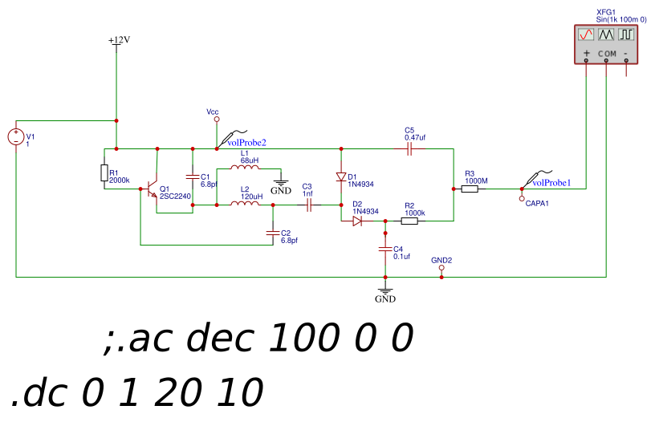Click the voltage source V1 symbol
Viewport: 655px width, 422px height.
pos(15,137)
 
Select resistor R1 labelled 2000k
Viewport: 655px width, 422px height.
pos(104,173)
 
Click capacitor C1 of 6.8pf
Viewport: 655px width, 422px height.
pos(193,177)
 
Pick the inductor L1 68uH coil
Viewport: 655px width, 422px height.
pos(244,168)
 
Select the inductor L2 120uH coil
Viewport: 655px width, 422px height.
pos(244,205)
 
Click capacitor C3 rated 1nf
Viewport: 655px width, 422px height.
pos(307,205)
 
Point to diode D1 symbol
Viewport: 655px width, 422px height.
pos(341,177)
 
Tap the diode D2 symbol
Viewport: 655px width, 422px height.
pos(357,221)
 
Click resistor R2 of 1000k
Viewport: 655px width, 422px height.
pos(409,221)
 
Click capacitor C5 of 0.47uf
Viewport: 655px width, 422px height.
pos(409,148)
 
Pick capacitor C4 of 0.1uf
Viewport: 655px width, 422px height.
pos(385,249)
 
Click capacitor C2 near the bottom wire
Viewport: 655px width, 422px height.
pos(273,232)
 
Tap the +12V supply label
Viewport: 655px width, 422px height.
pos(118,40)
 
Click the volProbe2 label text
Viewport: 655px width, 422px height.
pos(246,142)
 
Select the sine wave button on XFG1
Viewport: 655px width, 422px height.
pos(586,34)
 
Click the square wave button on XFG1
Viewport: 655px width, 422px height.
pos(625,34)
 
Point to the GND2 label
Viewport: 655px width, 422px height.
pos(441,261)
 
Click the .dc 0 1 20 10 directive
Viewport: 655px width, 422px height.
pos(136,393)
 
